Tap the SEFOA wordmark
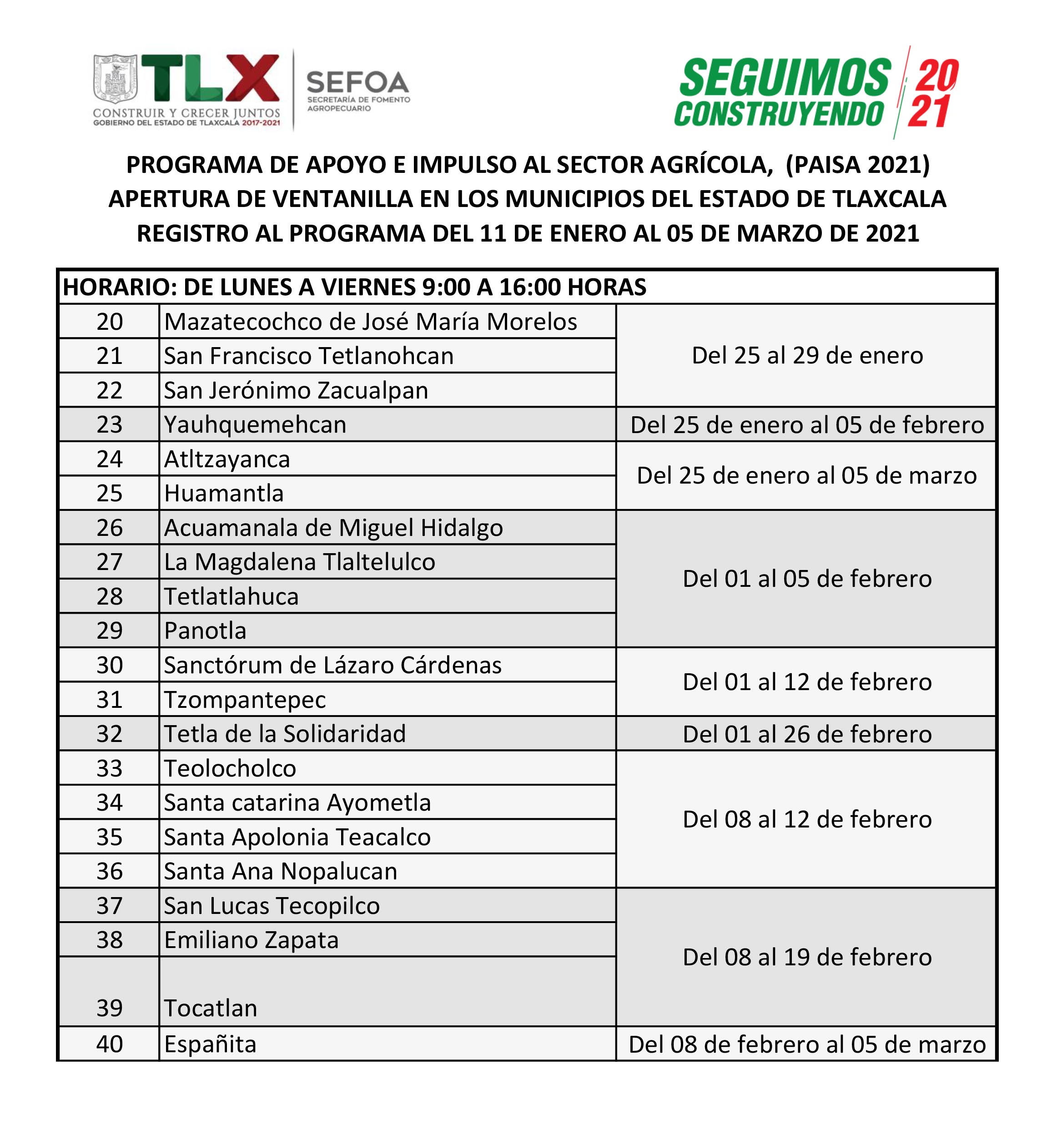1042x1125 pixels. pos(357,83)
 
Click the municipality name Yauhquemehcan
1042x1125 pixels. pos(255,424)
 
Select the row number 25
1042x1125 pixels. pos(110,494)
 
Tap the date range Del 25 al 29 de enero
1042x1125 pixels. pos(807,355)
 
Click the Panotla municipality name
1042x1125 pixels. pos(205,631)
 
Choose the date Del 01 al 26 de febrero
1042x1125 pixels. pos(807,734)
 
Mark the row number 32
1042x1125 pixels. pos(110,734)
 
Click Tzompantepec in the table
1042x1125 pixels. pos(245,700)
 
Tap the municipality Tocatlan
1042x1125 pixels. pos(210,1008)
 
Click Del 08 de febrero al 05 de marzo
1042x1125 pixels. pos(807,1044)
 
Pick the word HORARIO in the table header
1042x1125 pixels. pos(120,287)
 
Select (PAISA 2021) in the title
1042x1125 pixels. pos(857,165)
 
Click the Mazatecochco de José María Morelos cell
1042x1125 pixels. pos(370,322)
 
